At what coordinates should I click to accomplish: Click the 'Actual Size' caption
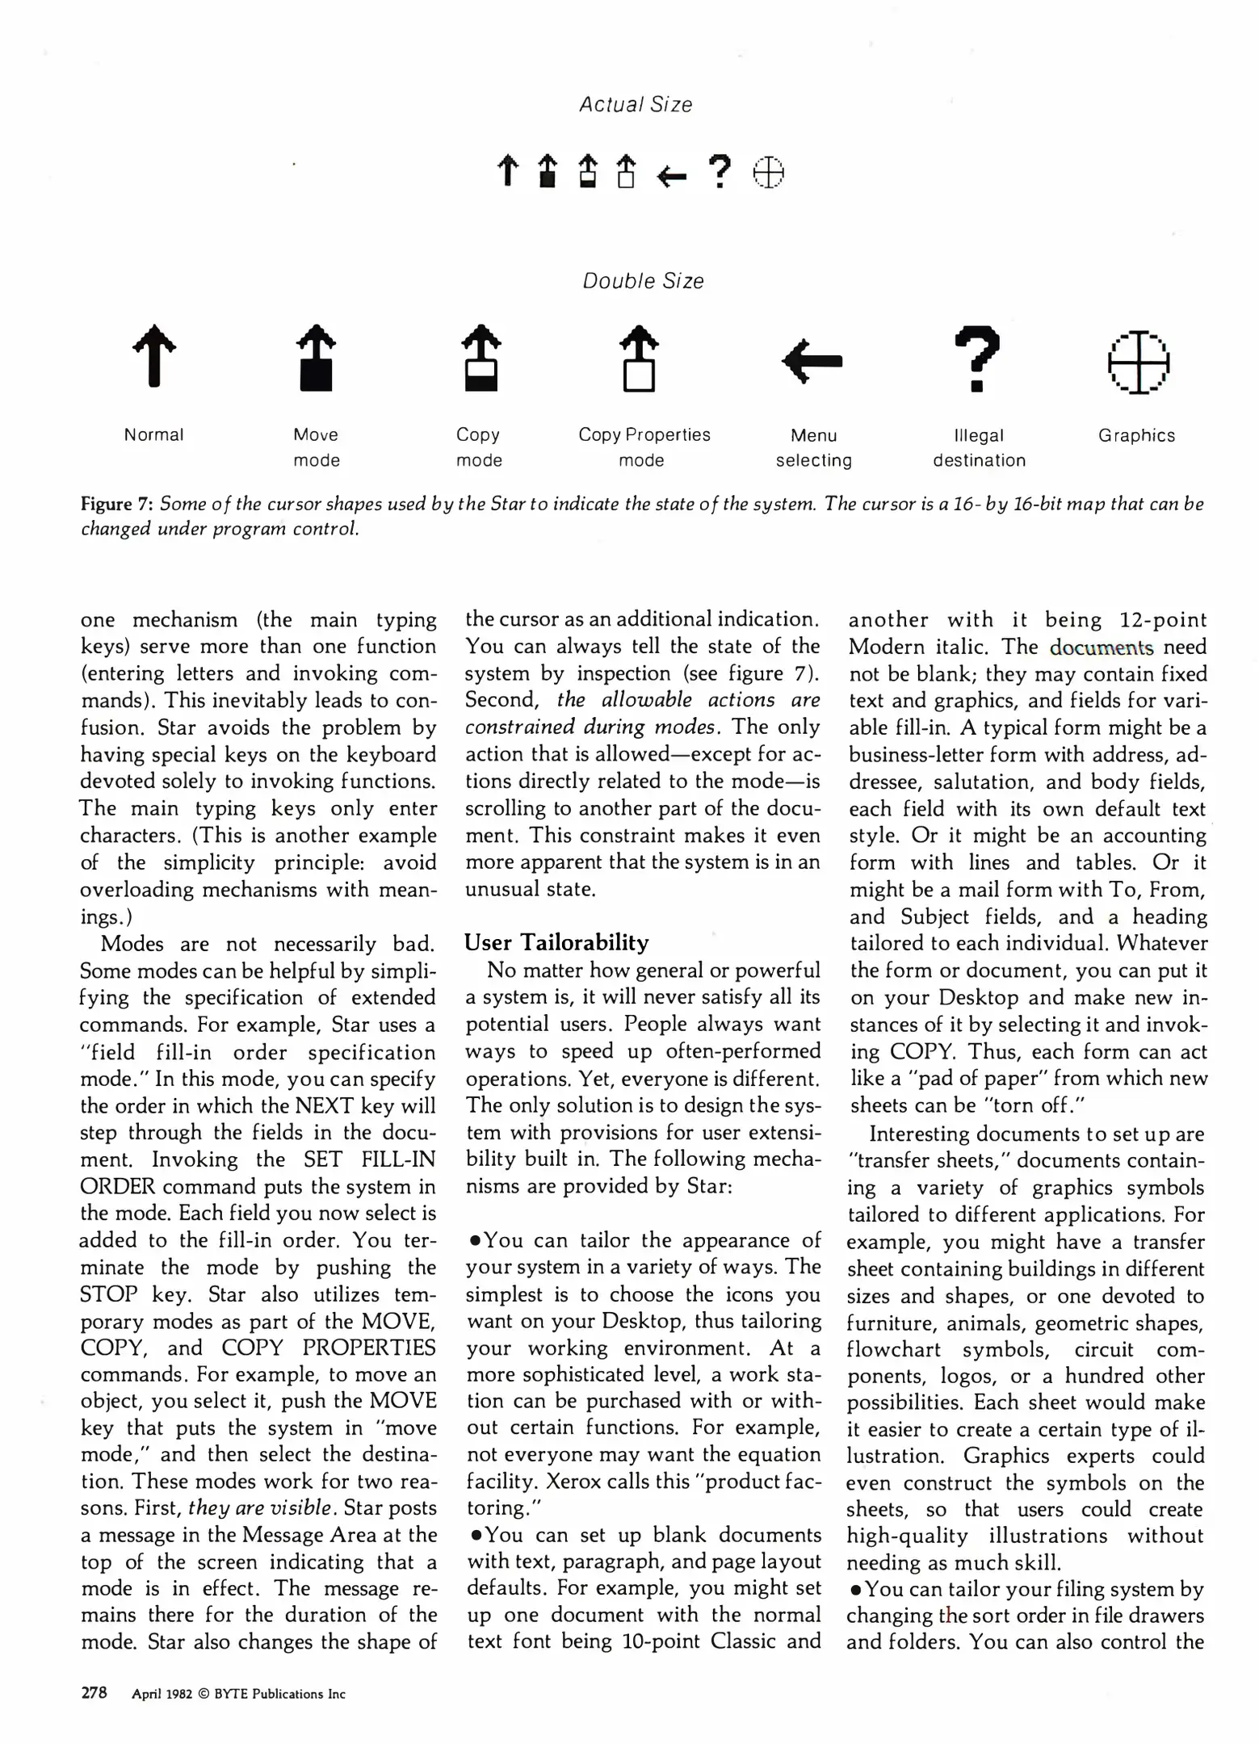pyautogui.click(x=636, y=105)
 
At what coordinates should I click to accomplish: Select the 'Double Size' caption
pyautogui.click(x=643, y=281)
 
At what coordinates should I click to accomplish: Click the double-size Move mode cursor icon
pyautogui.click(x=317, y=358)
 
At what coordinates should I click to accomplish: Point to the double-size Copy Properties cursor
pyautogui.click(x=640, y=358)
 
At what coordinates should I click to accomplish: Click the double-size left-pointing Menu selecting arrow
pyautogui.click(x=812, y=360)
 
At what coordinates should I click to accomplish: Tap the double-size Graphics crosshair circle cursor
pyautogui.click(x=1138, y=363)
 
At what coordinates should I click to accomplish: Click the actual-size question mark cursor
pyautogui.click(x=720, y=171)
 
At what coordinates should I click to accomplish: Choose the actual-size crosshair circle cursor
pyautogui.click(x=768, y=173)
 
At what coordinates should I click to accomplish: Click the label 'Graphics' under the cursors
pyautogui.click(x=1136, y=436)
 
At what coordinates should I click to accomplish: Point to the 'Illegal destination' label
pyautogui.click(x=979, y=448)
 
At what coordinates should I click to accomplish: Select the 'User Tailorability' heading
pyautogui.click(x=556, y=943)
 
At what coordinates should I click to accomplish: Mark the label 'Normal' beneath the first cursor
pyautogui.click(x=153, y=435)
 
